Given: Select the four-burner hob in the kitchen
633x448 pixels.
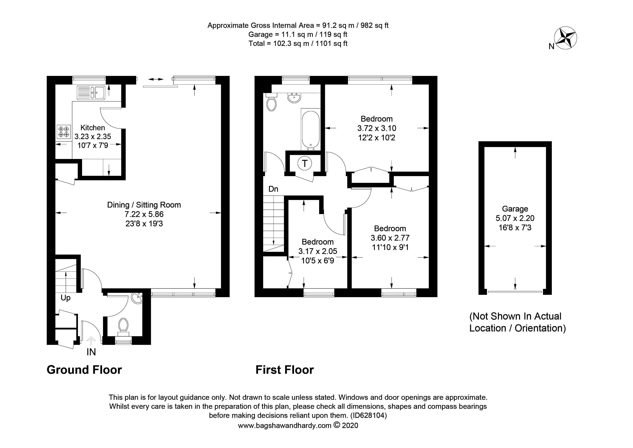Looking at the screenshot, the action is click(x=63, y=132).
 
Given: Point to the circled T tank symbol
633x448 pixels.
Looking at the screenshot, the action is click(x=305, y=163).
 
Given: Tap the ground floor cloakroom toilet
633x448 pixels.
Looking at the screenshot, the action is click(x=123, y=327).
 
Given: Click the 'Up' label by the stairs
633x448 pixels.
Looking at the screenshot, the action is click(x=66, y=298).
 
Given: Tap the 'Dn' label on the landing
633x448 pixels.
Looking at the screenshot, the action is click(x=273, y=189).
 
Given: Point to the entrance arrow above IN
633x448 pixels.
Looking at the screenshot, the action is click(x=91, y=340).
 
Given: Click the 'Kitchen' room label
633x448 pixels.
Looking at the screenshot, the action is click(x=93, y=128).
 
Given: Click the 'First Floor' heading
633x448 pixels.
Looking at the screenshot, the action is click(x=284, y=370).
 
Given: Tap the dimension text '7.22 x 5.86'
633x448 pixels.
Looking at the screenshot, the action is click(x=144, y=214).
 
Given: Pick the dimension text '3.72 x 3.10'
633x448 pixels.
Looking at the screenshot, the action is click(x=377, y=128).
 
